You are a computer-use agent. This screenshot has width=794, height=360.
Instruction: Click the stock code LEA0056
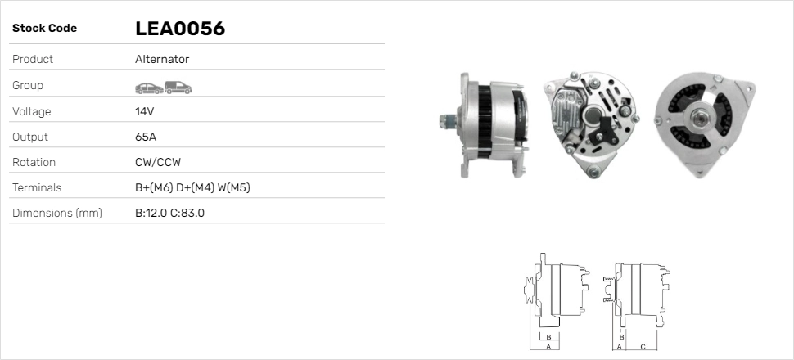(180, 29)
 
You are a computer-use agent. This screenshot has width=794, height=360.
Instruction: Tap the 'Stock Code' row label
(44, 29)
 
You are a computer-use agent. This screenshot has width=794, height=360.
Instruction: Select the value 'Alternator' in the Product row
(162, 59)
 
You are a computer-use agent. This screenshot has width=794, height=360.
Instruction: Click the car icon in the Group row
(149, 88)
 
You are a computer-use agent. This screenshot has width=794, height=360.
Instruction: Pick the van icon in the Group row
(178, 88)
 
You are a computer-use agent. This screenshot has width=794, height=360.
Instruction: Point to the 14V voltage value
(144, 111)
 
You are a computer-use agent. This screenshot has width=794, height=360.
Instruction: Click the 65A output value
(146, 137)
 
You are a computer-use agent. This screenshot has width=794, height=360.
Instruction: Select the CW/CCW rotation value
(158, 162)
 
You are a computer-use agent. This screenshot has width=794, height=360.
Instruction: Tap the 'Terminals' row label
(37, 187)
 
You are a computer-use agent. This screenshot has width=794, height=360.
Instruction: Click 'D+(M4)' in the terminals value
(195, 188)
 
